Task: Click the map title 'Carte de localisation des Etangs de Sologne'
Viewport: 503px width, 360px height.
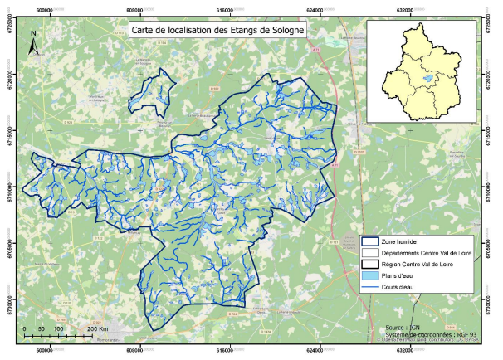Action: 218,29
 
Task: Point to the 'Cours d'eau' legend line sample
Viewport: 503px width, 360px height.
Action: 370,288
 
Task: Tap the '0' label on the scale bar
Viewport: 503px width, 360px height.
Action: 25,329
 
